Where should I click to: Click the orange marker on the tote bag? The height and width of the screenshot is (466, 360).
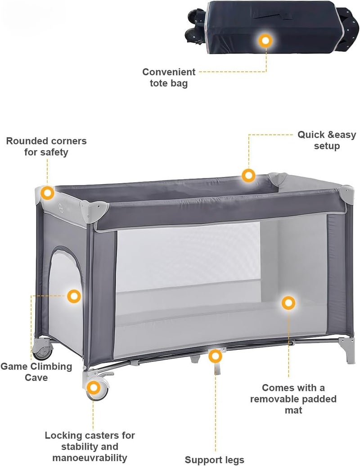click(x=265, y=41)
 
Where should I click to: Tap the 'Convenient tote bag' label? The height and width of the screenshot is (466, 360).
click(x=169, y=77)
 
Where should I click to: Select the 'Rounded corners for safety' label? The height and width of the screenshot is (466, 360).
click(x=46, y=146)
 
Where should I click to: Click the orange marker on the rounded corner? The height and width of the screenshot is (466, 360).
click(x=47, y=193)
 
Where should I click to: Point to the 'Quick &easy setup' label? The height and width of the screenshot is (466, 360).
click(x=327, y=140)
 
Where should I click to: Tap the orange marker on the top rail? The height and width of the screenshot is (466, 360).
click(x=248, y=175)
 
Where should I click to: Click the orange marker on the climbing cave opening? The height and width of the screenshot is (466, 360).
click(x=74, y=296)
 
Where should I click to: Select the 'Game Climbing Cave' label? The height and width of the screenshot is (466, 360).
click(x=36, y=372)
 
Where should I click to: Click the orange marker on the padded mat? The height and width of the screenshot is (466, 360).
click(x=288, y=303)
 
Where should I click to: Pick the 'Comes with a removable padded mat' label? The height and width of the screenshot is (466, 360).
click(x=293, y=399)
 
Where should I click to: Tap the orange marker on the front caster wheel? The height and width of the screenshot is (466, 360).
click(x=94, y=388)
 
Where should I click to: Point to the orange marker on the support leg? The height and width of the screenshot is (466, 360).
click(x=215, y=356)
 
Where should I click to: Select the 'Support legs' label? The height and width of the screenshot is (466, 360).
click(x=215, y=460)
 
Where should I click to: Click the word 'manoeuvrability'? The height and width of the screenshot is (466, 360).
click(x=90, y=458)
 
